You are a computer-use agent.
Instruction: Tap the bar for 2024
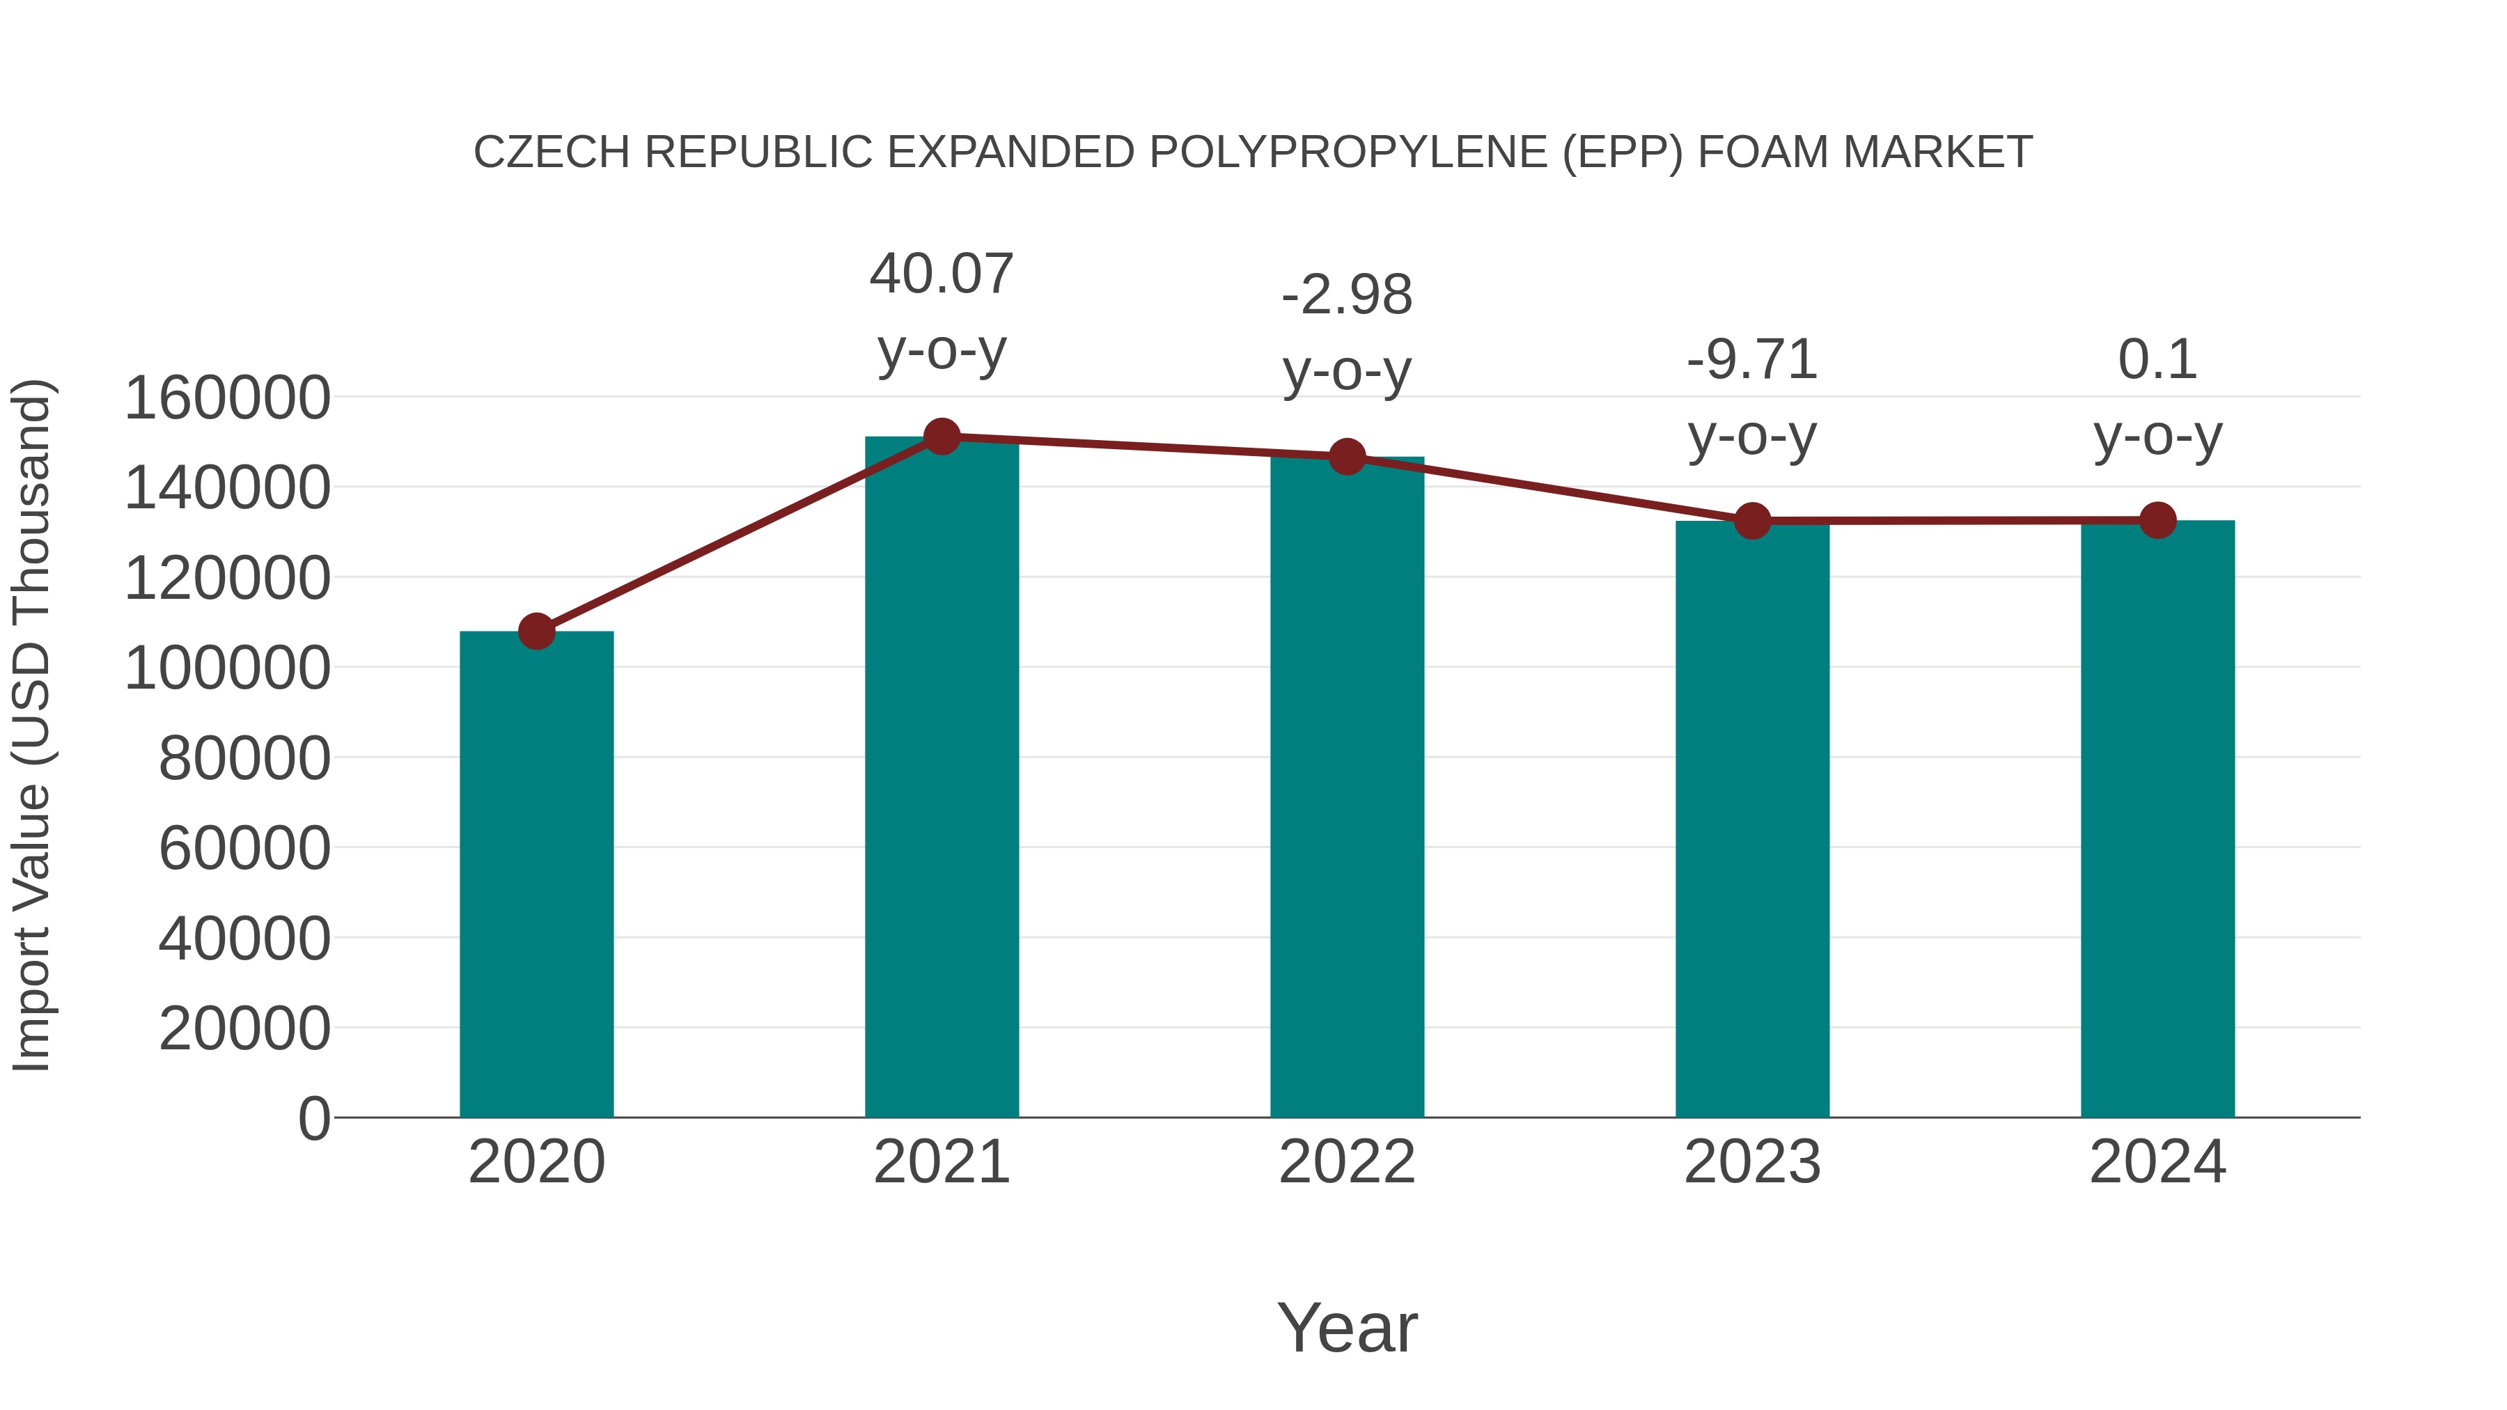tap(2157, 818)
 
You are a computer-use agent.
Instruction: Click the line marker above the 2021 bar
tap(941, 437)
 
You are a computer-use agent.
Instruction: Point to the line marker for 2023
tap(1752, 522)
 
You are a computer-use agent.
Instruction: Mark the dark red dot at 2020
tap(536, 632)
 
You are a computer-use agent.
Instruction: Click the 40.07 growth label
tap(941, 274)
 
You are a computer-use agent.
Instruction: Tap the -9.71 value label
tap(1752, 360)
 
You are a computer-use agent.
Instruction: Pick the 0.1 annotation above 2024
tap(2157, 360)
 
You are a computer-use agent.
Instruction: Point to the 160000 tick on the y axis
tap(228, 398)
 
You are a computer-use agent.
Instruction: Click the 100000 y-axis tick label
tap(228, 668)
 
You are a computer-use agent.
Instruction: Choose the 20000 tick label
tap(244, 1028)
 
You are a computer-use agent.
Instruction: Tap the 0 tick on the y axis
tap(313, 1118)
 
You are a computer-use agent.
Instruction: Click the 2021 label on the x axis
tap(941, 1162)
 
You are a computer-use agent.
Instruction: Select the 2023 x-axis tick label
tap(1752, 1162)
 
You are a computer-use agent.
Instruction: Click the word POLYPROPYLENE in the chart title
tap(1348, 152)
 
